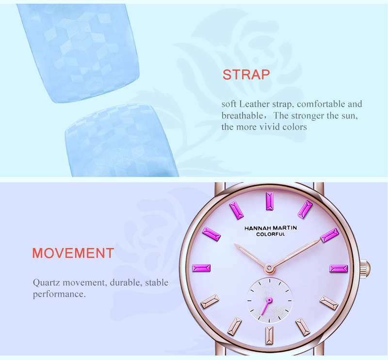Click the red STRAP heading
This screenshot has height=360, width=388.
(246, 75)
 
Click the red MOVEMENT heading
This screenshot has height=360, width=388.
(73, 253)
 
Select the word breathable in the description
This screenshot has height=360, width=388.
(242, 115)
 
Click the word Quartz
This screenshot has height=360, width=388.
(47, 282)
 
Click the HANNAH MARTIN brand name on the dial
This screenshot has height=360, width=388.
(271, 228)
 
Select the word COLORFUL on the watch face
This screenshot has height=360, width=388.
(271, 234)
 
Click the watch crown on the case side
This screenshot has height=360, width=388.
(365, 268)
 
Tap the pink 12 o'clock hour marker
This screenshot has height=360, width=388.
(270, 201)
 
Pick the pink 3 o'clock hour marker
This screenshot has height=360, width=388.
(339, 268)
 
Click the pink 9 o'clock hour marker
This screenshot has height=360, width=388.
(201, 268)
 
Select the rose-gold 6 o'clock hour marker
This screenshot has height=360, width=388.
(269, 335)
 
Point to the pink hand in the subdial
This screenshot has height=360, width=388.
(266, 307)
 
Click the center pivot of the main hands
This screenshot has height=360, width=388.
(269, 268)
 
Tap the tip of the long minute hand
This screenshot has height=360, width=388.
(320, 240)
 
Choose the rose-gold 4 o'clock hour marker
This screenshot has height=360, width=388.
(329, 303)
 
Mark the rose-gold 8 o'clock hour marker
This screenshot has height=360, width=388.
(210, 302)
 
